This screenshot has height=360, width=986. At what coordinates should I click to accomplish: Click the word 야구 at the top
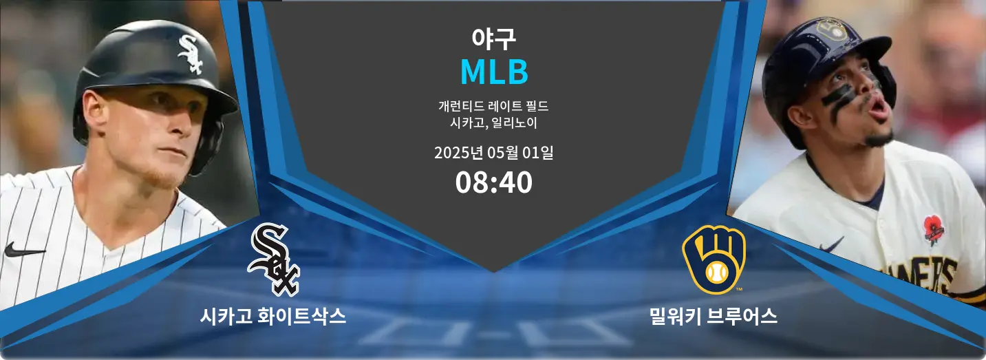click(x=493, y=39)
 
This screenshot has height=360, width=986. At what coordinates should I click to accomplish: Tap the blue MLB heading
click(x=494, y=72)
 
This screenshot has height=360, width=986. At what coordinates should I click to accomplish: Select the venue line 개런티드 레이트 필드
click(x=493, y=106)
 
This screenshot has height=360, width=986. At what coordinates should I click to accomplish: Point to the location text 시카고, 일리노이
click(x=493, y=123)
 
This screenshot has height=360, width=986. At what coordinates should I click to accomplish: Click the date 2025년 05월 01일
click(x=493, y=153)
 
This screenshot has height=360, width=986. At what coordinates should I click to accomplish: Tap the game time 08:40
click(x=493, y=182)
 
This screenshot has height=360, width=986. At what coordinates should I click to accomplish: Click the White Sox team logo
click(x=274, y=260)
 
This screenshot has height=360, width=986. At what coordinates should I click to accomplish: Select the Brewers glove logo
click(x=714, y=260)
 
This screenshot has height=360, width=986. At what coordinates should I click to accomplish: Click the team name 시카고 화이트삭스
click(x=273, y=316)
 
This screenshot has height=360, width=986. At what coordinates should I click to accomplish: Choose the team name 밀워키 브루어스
click(x=713, y=316)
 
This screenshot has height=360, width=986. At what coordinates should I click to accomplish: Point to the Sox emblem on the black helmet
click(x=191, y=54)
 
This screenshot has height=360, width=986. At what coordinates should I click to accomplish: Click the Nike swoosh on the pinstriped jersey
click(x=24, y=251)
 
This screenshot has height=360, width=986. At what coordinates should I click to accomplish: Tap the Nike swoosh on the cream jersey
click(x=831, y=244)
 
